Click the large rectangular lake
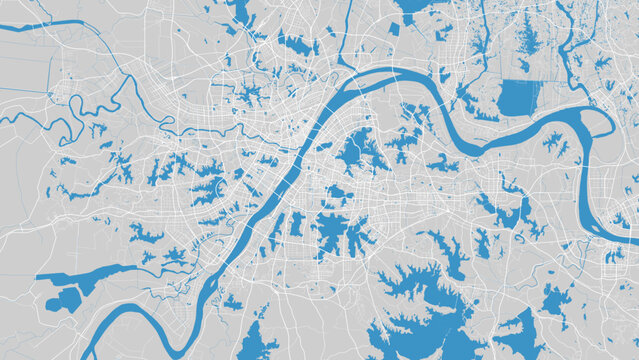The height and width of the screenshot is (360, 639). pyautogui.click(x=518, y=97)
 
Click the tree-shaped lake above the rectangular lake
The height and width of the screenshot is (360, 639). pyautogui.click(x=524, y=40)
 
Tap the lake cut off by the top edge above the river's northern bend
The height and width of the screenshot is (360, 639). pyautogui.click(x=412, y=6)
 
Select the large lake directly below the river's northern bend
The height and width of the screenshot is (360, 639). pyautogui.click(x=360, y=150)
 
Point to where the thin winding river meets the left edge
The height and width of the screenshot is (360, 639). pyautogui.click(x=3, y=117)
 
